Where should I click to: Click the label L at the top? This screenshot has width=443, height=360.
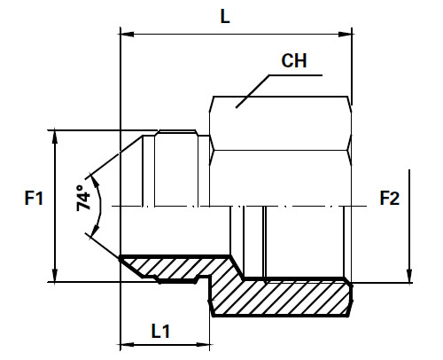pos(227,17)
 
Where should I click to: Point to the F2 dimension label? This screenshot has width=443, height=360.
pos(389,199)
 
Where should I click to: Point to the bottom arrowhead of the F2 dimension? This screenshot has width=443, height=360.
pos(410,276)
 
